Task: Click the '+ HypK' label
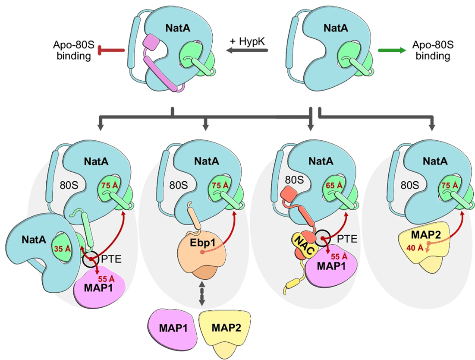click(x=247, y=41)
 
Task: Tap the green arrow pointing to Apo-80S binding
click(x=391, y=51)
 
